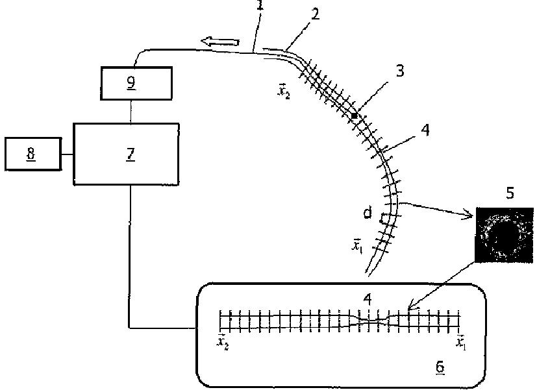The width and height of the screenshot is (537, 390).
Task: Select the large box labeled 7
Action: point(126,153)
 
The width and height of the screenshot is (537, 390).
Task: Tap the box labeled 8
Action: point(32,154)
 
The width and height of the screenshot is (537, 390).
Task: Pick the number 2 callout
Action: point(315,14)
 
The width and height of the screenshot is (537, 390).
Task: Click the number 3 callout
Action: point(399,71)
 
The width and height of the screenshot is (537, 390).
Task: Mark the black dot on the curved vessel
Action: point(355,115)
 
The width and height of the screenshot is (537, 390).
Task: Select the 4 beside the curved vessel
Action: point(425,130)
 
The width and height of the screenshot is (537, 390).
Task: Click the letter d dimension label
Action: point(368,213)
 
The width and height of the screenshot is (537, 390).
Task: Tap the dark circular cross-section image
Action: point(503,234)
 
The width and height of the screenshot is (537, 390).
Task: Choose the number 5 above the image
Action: point(510,193)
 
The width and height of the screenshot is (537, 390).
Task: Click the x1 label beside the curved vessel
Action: point(356,245)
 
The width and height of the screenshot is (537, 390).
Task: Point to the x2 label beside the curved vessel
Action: point(282,90)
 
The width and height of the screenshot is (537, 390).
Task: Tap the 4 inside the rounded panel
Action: point(368,300)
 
